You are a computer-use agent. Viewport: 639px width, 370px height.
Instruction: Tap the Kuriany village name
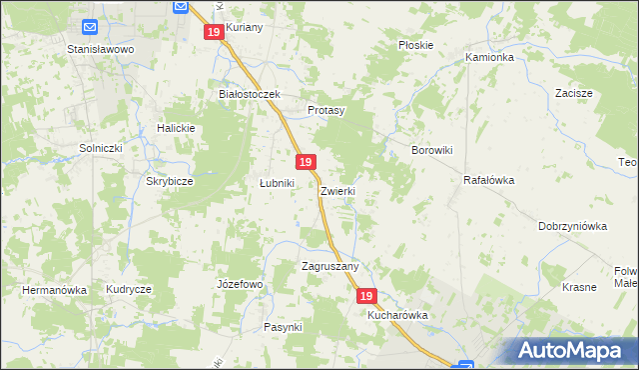[244, 28]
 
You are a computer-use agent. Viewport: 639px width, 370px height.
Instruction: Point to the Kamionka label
[489, 58]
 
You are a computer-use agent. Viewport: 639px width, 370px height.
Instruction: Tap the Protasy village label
[325, 110]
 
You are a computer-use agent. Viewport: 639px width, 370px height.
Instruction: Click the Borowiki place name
[433, 150]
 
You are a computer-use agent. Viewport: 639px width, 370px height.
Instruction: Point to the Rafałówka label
[488, 181]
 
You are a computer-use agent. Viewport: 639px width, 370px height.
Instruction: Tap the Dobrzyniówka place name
[572, 226]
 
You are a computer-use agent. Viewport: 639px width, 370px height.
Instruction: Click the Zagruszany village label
[329, 267]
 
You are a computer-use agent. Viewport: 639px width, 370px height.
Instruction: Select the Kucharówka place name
[397, 315]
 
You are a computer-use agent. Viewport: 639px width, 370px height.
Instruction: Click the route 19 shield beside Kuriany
[214, 33]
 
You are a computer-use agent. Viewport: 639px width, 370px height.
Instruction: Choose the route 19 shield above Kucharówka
[366, 297]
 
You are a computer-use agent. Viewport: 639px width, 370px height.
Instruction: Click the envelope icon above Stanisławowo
[90, 27]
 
